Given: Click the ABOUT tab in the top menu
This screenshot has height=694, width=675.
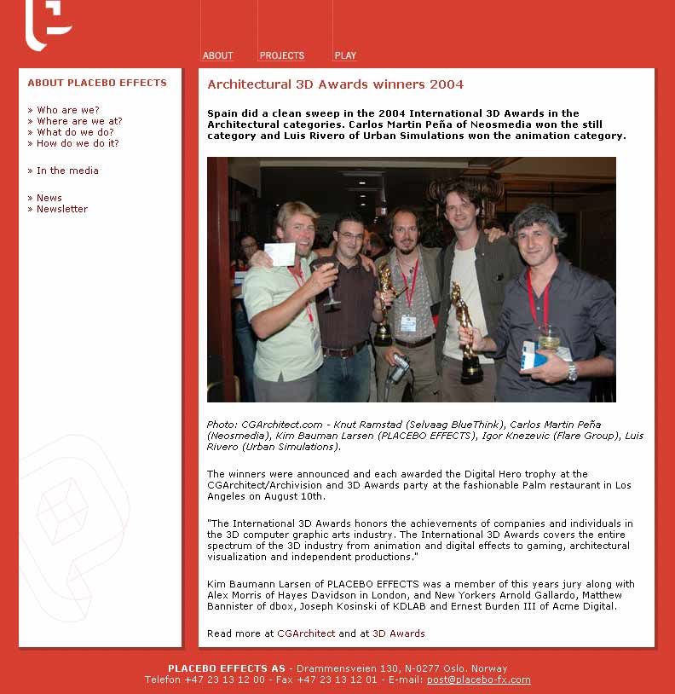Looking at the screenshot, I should coord(217,55).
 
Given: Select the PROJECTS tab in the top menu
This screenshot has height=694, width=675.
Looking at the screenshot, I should coord(281,55).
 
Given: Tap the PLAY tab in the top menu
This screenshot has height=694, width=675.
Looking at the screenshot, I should coord(345,55).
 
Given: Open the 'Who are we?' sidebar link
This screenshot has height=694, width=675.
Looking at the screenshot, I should coord(67,110).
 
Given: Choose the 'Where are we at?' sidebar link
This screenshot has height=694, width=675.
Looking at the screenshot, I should coord(79,121).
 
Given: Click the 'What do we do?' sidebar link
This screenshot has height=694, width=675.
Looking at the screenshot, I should coord(75,132).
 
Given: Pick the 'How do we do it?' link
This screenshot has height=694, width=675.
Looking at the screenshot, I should coord(78,143).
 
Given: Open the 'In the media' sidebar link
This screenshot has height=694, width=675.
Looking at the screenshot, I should coord(67,171).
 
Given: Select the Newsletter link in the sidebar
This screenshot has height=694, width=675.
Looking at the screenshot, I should coord(62,209).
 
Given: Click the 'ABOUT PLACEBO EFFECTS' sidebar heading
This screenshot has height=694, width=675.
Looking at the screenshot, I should coord(97,83).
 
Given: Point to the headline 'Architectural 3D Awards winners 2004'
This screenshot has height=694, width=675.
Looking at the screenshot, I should coord(336,84).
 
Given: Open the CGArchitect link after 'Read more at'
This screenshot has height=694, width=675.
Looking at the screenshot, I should coord(306,633).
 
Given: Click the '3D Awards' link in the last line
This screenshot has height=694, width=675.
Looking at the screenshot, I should coord(398,633).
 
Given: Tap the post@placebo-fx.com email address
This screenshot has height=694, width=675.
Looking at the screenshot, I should coord(478,680).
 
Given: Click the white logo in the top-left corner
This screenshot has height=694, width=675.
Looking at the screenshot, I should coord(48,24).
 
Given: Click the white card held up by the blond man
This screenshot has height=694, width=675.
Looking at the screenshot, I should coord(280,254).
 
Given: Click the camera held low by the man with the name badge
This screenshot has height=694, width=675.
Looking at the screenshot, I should coord(399,367).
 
